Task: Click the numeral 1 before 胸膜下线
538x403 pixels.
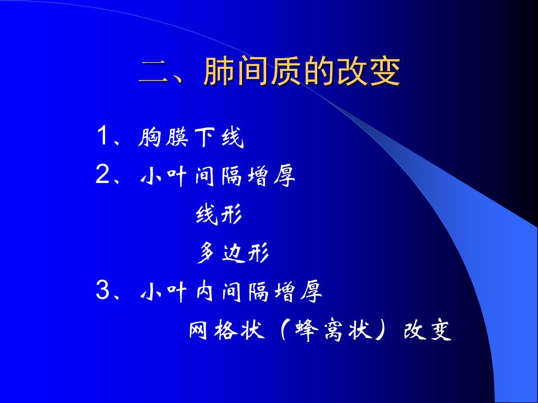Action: pos(103,135)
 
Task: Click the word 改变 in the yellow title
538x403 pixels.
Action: pos(369,71)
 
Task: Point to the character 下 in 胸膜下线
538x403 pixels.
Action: pos(205,137)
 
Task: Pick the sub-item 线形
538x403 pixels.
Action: pos(219,214)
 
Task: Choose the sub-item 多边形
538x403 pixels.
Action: pos(233,252)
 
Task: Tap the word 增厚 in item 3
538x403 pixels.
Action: pos(298,292)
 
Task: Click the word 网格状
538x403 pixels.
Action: pos(226,330)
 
